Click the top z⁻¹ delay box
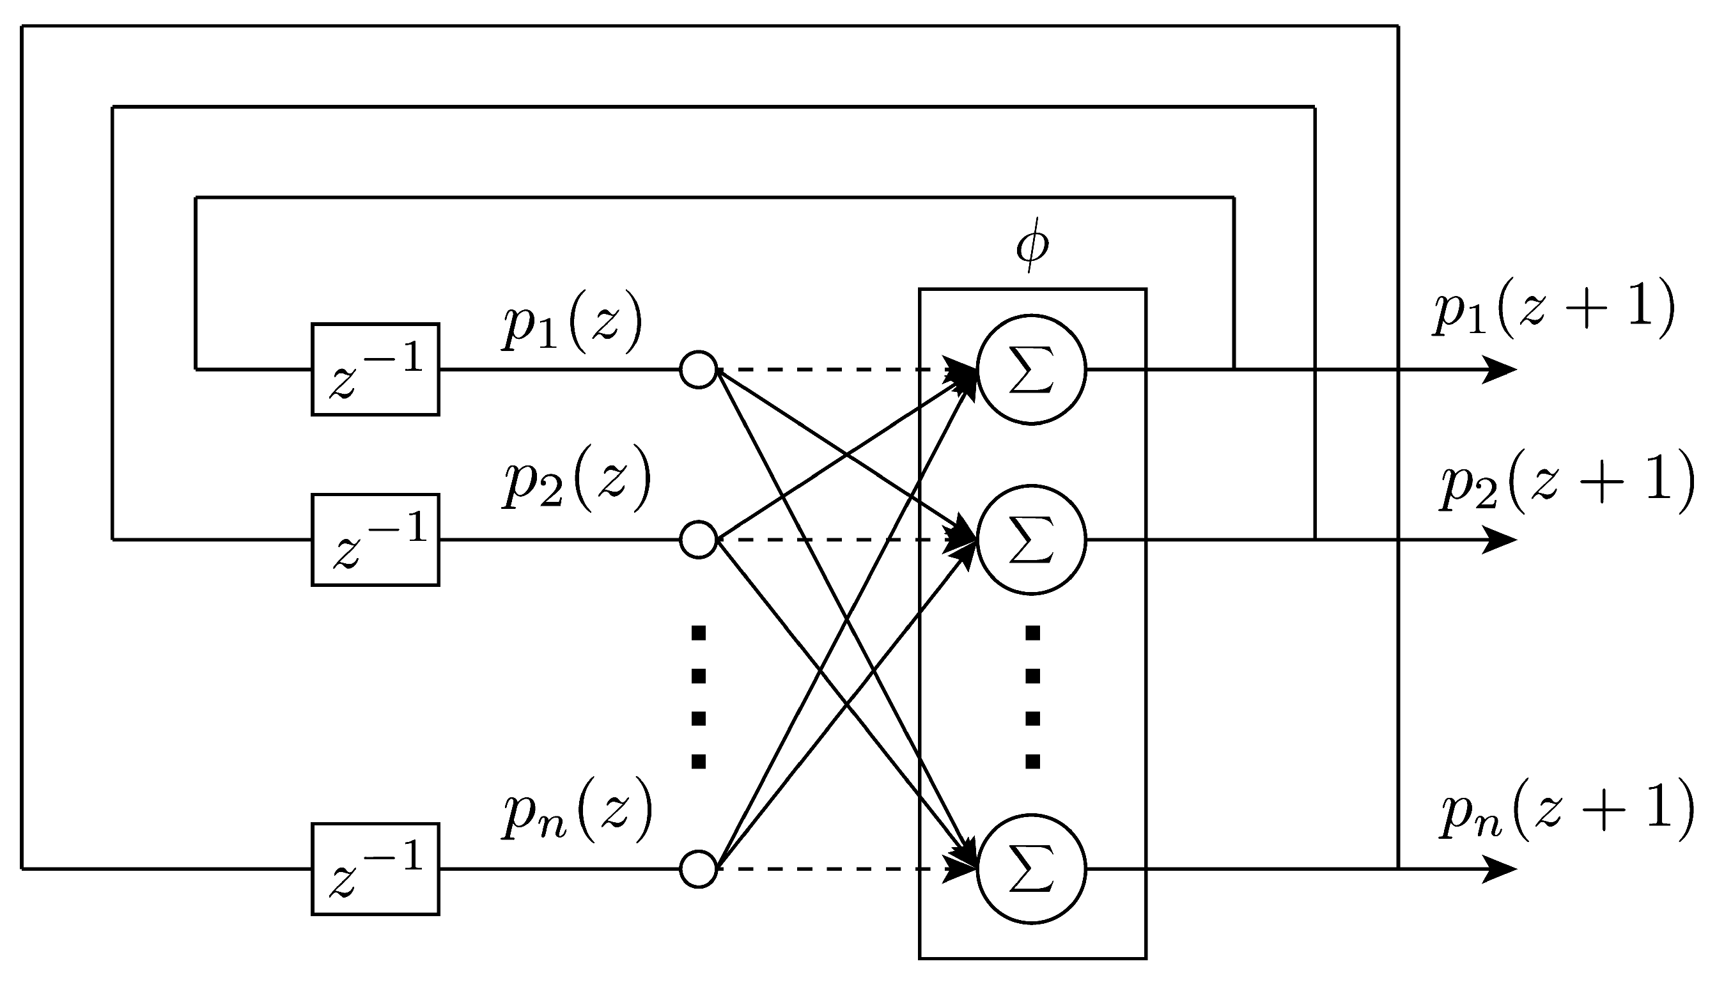(375, 369)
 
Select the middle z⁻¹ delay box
(375, 540)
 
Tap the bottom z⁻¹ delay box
(375, 869)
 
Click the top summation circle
(1031, 369)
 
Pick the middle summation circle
(1031, 540)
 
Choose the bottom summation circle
(1031, 869)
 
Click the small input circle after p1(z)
(698, 370)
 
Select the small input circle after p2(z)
(698, 540)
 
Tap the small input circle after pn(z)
(698, 869)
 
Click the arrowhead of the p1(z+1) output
(1501, 370)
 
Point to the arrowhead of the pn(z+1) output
(1501, 869)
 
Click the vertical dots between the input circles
(699, 698)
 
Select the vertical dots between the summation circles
(1032, 698)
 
